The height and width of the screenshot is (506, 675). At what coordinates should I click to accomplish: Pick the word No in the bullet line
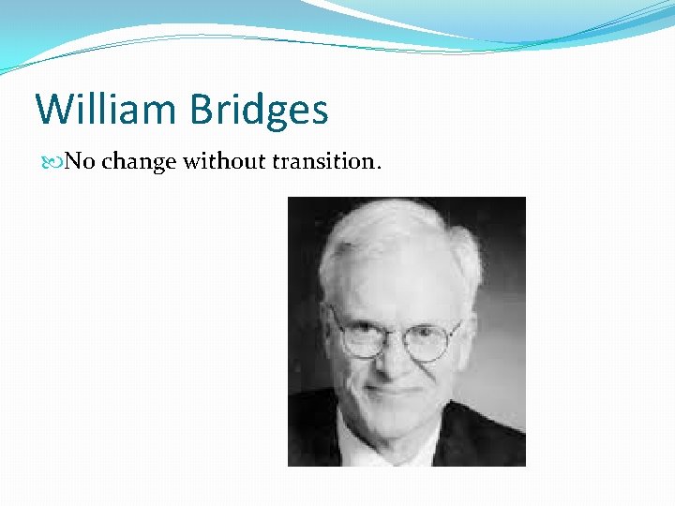[x=80, y=161]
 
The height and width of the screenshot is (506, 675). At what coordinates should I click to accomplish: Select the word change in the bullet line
[x=139, y=162]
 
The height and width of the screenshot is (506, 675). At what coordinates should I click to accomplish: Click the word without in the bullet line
[x=224, y=161]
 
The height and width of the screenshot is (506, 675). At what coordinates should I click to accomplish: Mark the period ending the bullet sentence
[x=378, y=168]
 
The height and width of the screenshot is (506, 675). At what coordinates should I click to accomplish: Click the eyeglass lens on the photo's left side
[x=361, y=336]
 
